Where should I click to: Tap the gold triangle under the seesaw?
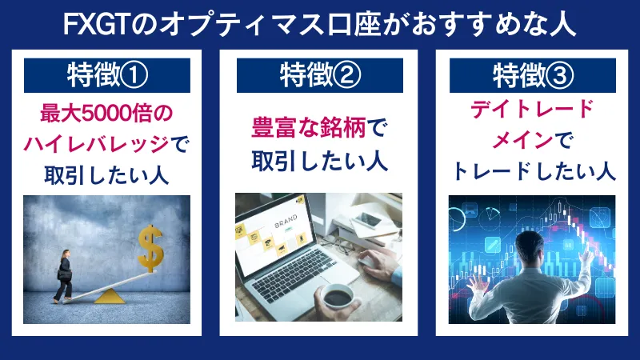(x=109, y=296)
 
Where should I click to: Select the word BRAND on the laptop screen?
(x=286, y=226)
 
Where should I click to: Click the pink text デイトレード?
(x=530, y=110)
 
